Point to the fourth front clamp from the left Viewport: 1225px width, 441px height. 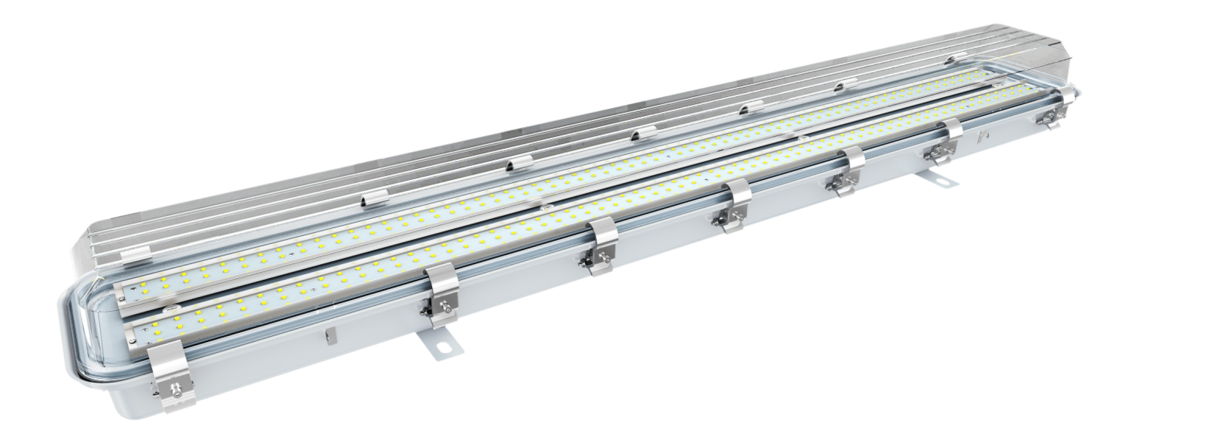(x=735, y=207)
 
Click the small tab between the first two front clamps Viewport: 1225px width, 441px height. (x=328, y=336)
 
